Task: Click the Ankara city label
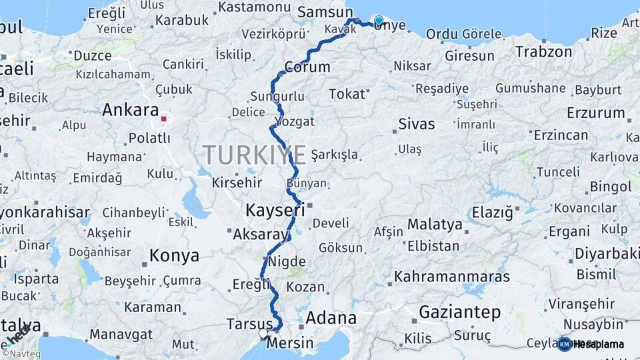pos(131,110)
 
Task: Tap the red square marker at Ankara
pos(163,120)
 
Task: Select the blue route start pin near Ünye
pos(379,21)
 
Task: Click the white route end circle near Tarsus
pos(263,333)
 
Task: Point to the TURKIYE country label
pos(255,155)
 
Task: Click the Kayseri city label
pos(275,210)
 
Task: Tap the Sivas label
pos(416,123)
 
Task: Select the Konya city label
pos(174,255)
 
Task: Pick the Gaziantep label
pos(459,312)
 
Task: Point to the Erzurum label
pos(595,112)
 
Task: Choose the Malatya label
pos(435,224)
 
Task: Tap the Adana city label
pos(331,318)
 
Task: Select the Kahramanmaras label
pos(452,276)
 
